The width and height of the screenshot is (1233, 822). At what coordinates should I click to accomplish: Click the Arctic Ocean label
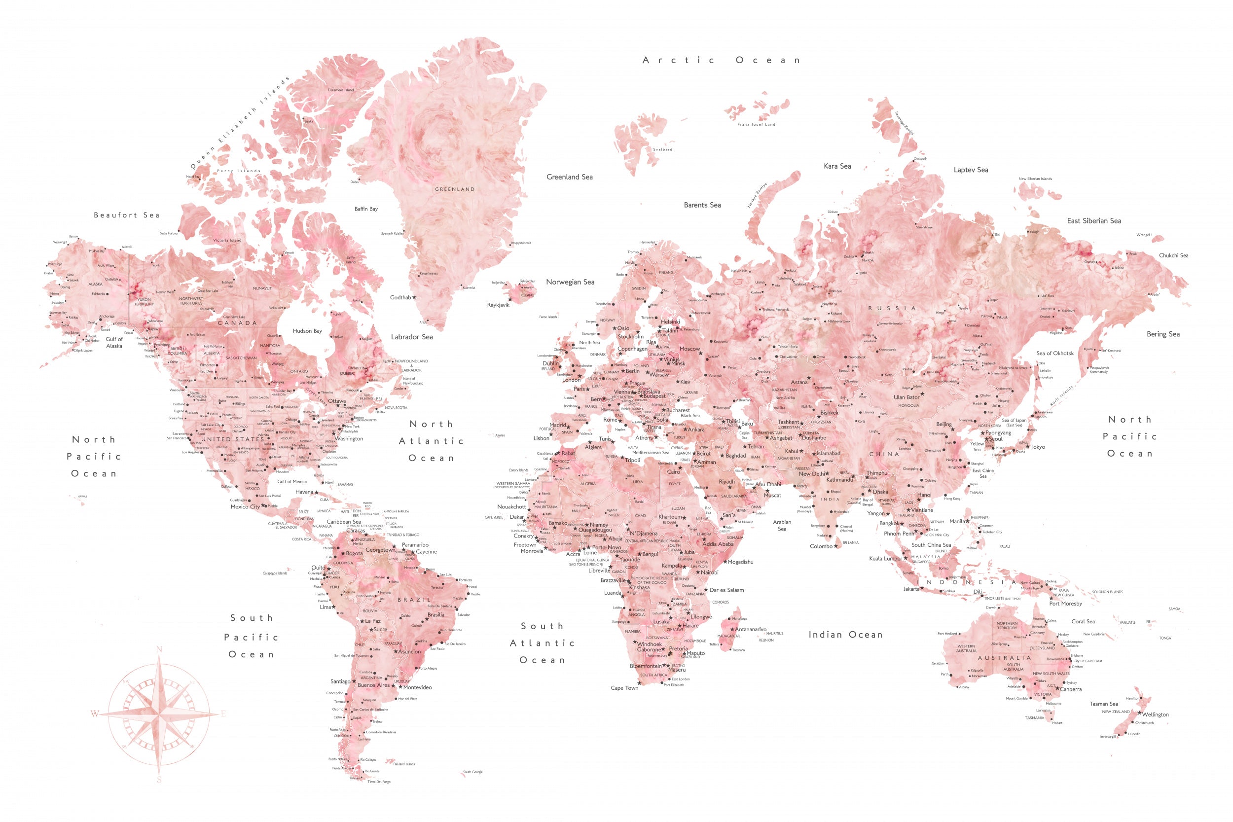coord(721,60)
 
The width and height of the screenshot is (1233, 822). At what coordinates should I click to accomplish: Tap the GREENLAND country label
coord(455,189)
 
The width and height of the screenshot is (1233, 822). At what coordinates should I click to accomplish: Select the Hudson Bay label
coord(307,331)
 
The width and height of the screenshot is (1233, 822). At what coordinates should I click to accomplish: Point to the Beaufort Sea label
coord(126,215)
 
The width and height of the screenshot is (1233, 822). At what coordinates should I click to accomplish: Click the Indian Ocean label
coord(845,635)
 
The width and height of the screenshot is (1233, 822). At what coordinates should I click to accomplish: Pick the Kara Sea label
coord(837,166)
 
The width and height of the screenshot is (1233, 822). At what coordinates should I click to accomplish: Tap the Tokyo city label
coord(1038,447)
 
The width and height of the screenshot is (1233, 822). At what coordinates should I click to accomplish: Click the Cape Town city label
coord(624,688)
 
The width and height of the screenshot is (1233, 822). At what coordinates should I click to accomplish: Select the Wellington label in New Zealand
coord(1155,715)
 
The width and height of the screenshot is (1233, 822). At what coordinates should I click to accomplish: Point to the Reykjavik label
coord(498,305)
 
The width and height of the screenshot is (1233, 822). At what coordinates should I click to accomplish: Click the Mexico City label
coord(245,506)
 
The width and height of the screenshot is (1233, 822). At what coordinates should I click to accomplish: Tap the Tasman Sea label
coord(1103,704)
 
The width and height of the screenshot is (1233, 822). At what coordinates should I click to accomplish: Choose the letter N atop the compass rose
coord(159,649)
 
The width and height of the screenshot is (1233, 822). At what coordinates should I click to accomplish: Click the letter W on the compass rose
coord(94,714)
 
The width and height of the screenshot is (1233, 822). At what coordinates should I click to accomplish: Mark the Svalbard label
coord(663,149)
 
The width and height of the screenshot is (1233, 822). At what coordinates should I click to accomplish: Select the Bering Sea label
coord(1163,334)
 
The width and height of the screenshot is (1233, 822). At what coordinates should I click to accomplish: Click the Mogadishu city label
coord(740,562)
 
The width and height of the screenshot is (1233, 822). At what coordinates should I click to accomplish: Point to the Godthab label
coord(400,297)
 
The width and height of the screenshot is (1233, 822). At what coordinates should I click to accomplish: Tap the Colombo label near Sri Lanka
coord(821,546)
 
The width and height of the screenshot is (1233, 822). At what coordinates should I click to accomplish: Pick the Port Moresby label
coord(1065,604)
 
